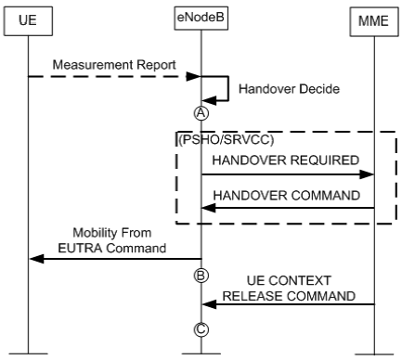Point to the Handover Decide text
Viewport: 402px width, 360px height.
coord(278,90)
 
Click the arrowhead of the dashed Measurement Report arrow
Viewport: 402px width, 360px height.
coord(197,77)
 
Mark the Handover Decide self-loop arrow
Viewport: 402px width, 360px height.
coord(223,90)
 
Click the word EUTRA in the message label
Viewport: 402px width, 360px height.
coord(96,248)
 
